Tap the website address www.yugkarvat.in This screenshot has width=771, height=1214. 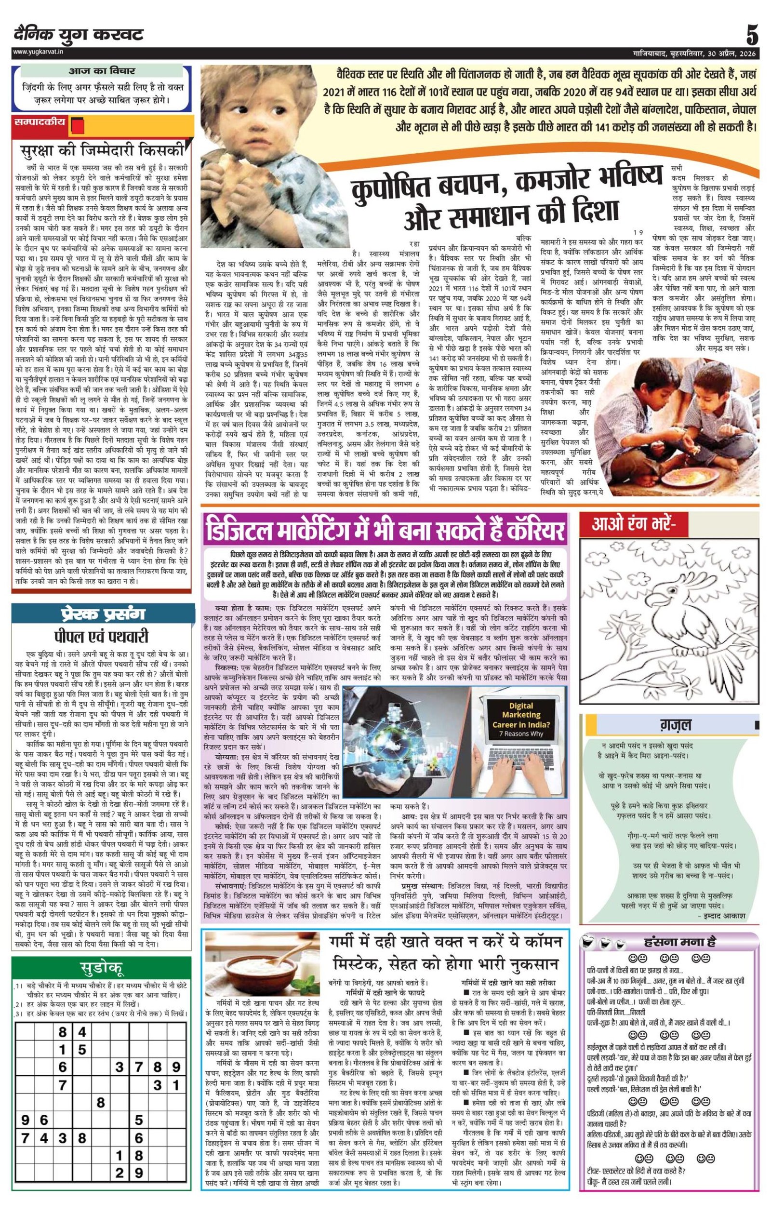pos(38,52)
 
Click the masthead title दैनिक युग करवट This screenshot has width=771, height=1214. pos(79,35)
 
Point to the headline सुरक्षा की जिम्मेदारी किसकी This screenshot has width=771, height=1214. pos(100,150)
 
